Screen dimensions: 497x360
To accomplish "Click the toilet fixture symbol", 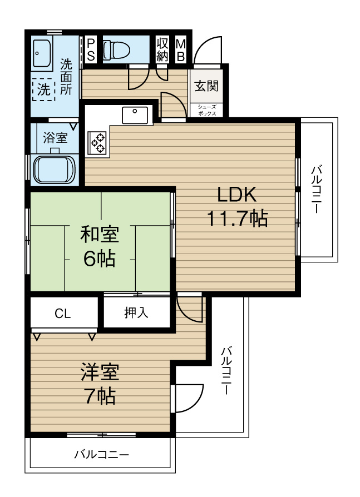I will pos(116,51).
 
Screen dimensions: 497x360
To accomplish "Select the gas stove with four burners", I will pos(98,141).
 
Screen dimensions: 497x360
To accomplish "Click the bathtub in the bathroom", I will pos(53,168).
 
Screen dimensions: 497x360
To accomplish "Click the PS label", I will pos(91,51).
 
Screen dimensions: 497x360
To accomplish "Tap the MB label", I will pos(181,51).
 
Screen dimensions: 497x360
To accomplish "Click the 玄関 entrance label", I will pos(206,86).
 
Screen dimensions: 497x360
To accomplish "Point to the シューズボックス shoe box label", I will pos(206,111).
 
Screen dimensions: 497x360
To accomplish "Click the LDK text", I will pos(236,195).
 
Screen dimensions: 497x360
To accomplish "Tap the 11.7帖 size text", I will pos(237,218).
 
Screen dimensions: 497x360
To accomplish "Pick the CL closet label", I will pos(63,314).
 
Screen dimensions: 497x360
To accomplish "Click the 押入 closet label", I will pos(136,313).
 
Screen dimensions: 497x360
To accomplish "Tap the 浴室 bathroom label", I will pos(56,137).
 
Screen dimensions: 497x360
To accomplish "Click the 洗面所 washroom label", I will pos(66,77).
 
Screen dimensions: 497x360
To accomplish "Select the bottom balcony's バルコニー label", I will pos(102,455).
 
